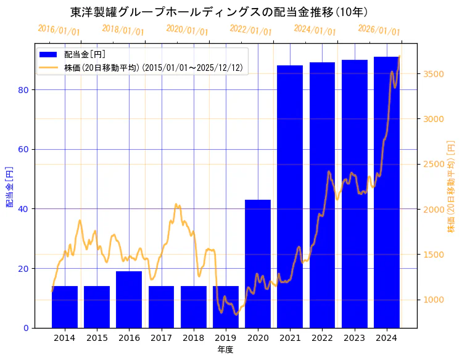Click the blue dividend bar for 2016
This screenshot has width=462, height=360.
tap(129, 300)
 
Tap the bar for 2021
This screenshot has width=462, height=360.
tap(290, 197)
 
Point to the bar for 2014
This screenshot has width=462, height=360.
tap(65, 307)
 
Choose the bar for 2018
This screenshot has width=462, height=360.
tap(194, 307)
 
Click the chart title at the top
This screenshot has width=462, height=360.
tap(219, 12)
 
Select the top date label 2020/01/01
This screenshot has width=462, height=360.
tap(188, 30)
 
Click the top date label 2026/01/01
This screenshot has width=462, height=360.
tap(379, 30)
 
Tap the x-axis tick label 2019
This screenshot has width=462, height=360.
tap(226, 338)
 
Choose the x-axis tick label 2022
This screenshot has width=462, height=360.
tap(322, 338)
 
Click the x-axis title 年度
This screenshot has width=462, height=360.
tap(225, 350)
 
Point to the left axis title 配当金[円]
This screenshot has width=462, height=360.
tap(9, 186)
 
